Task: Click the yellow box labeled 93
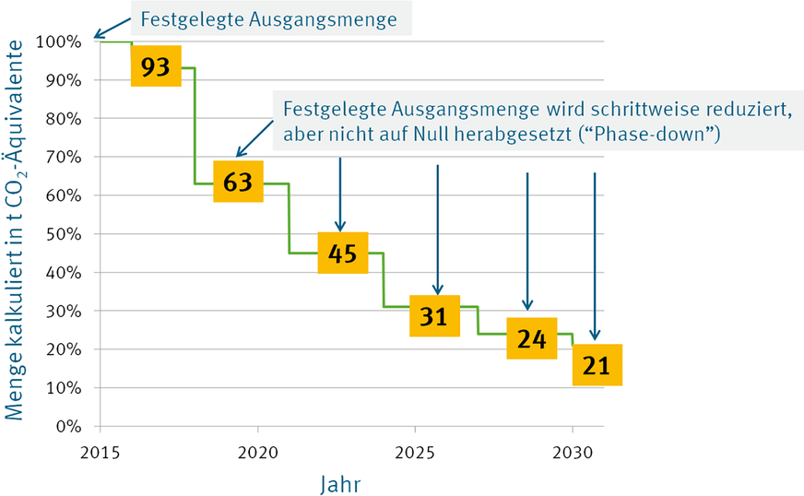pyautogui.click(x=156, y=67)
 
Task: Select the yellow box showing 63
pyautogui.click(x=238, y=183)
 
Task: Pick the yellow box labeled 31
pyautogui.click(x=434, y=316)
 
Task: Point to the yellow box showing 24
pyautogui.click(x=531, y=338)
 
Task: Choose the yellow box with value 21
pyautogui.click(x=597, y=366)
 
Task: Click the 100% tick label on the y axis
pyautogui.click(x=59, y=41)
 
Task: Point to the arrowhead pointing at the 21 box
pyautogui.click(x=595, y=337)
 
